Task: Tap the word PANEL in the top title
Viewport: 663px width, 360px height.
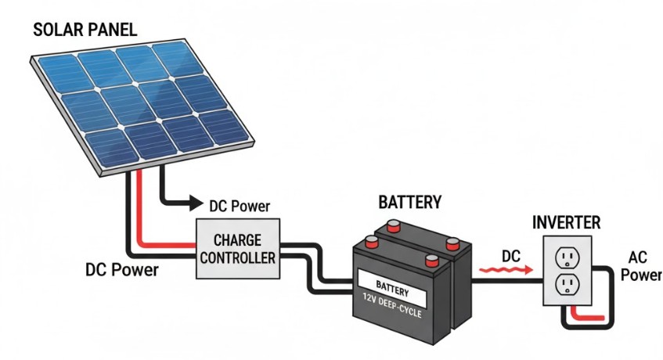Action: pyautogui.click(x=113, y=31)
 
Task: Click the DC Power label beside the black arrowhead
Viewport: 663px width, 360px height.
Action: pyautogui.click(x=240, y=207)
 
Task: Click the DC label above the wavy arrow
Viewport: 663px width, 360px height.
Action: pyautogui.click(x=510, y=254)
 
